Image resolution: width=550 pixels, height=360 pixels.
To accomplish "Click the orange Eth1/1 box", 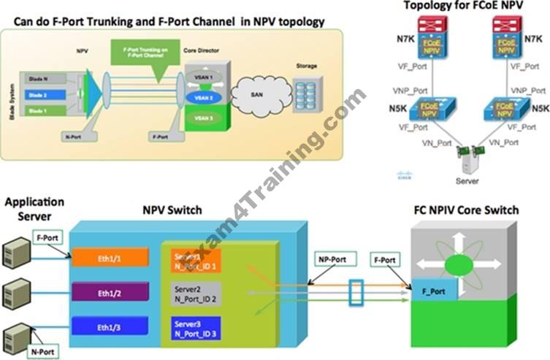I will (110, 258).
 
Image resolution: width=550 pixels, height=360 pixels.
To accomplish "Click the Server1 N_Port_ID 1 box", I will (196, 261).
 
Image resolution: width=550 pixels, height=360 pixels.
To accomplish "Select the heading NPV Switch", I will (172, 210).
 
